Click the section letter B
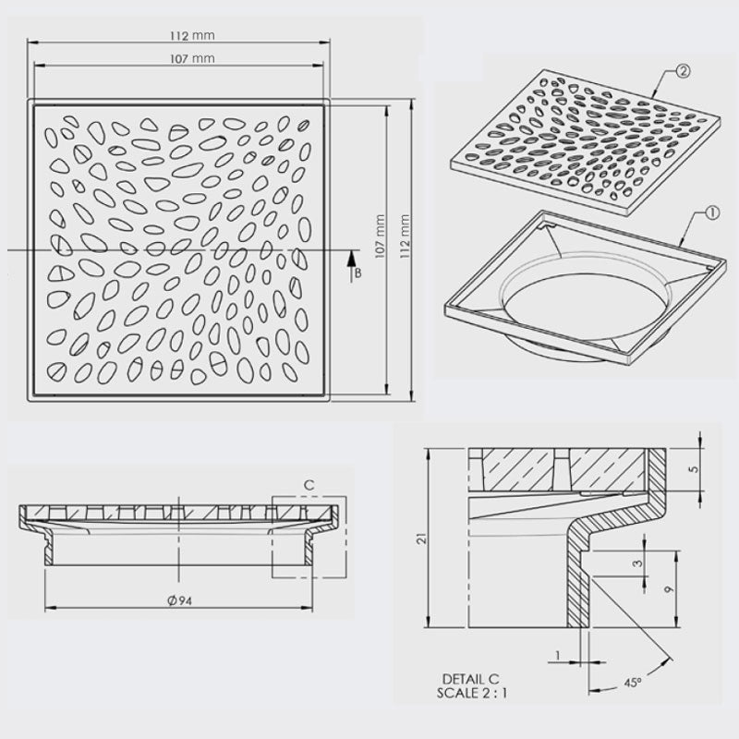(357, 274)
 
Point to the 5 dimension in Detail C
(694, 469)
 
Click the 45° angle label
(634, 683)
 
